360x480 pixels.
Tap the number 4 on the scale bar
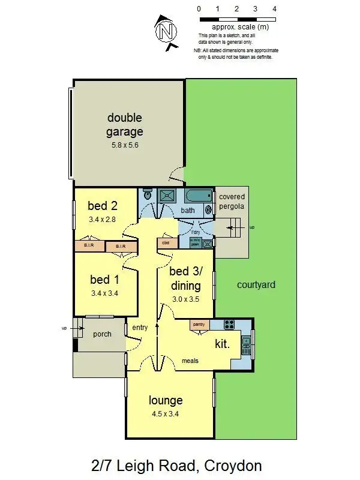pos(274,9)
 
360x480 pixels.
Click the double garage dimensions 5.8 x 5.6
pos(125,145)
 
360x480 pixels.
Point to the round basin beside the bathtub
pos(209,209)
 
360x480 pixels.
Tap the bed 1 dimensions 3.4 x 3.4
pos(103,293)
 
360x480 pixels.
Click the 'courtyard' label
pos(256,285)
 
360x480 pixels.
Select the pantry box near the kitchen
pos(199,325)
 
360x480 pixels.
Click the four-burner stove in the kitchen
pos(229,325)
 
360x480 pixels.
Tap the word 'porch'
pos(103,334)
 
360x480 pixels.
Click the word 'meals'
pos(190,361)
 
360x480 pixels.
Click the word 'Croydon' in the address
pos(233,465)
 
